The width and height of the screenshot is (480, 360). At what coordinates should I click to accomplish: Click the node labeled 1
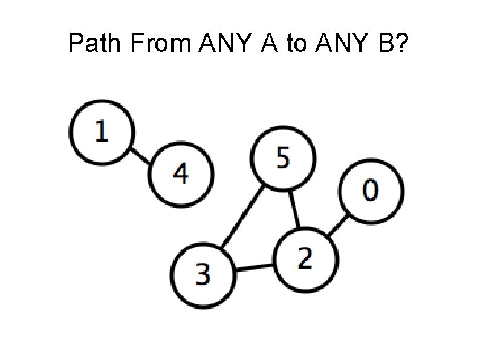(x=101, y=131)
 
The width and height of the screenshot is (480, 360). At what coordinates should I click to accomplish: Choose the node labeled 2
(x=305, y=259)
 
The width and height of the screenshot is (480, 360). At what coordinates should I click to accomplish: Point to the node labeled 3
(x=203, y=274)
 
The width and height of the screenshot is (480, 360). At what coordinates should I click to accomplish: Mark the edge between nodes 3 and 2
(x=254, y=267)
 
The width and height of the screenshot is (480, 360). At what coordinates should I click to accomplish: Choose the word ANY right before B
(x=343, y=43)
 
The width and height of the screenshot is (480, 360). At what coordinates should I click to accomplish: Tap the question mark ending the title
(x=404, y=43)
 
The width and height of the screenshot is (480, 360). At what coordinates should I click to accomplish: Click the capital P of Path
(x=75, y=43)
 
